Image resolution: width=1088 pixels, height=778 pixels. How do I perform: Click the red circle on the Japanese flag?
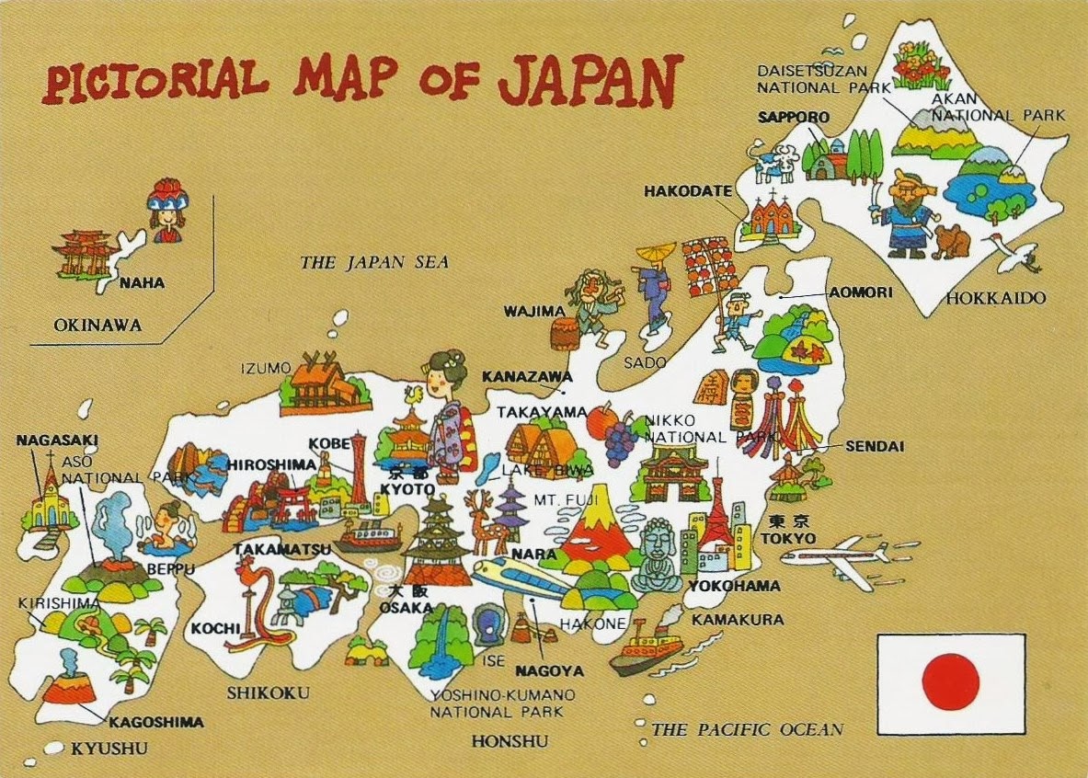(x=950, y=681)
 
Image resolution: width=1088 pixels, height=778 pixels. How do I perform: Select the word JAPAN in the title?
(x=590, y=80)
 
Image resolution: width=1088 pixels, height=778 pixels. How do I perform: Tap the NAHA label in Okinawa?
(x=142, y=283)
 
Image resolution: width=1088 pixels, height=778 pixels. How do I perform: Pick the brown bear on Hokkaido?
(x=952, y=241)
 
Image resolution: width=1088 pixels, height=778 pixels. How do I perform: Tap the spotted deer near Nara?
(x=481, y=521)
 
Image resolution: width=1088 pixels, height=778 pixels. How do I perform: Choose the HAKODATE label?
(x=687, y=191)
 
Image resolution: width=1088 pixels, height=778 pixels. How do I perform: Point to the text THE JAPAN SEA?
(x=374, y=263)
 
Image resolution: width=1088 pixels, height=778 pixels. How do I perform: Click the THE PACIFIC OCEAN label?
(x=747, y=730)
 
